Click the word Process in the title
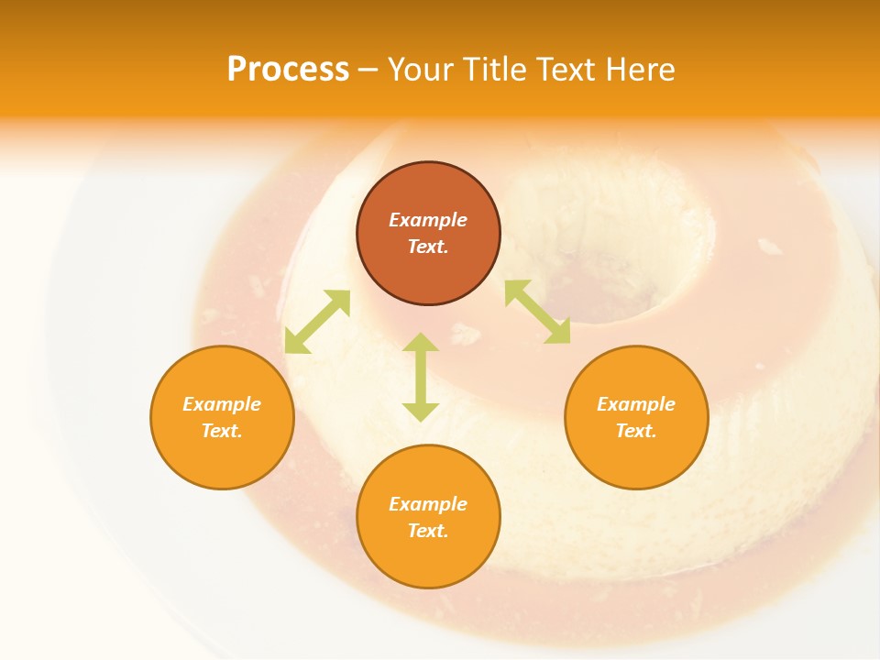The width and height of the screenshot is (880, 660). tap(288, 70)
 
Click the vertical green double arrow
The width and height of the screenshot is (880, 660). tap(421, 377)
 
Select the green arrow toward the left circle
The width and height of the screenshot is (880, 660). tap(317, 321)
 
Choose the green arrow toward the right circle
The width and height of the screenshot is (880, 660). tap(537, 312)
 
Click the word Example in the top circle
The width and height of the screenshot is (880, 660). tap(428, 220)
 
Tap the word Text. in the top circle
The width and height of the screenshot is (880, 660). tap(428, 247)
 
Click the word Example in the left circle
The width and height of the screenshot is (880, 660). tap(222, 404)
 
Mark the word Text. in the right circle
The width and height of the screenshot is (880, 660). tap(636, 431)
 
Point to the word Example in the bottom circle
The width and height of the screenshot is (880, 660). tap(428, 504)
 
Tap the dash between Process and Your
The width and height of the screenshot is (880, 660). tap(368, 71)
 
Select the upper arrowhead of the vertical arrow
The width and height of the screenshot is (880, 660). tap(421, 342)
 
